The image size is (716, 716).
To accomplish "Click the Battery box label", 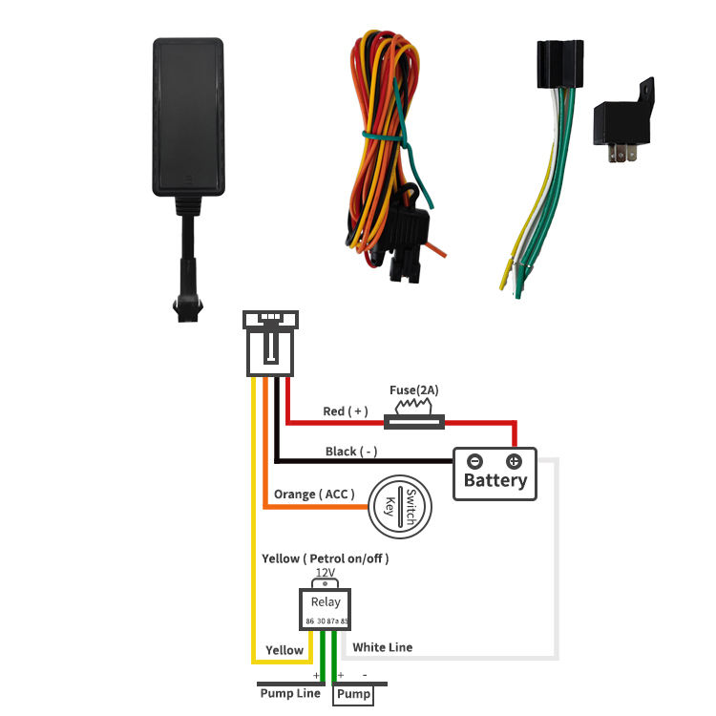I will (495, 480).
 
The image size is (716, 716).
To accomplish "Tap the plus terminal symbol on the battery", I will (514, 461).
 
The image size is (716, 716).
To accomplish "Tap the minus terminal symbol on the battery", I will (475, 461).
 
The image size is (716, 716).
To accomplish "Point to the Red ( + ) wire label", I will (346, 411).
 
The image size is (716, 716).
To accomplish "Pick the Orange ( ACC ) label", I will (314, 494).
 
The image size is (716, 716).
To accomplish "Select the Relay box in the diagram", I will (326, 608).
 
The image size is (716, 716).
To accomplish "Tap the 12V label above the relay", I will (326, 573).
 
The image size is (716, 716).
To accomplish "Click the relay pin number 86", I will (310, 621).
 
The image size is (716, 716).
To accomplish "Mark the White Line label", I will (383, 647).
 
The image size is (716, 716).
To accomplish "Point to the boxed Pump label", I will (353, 695).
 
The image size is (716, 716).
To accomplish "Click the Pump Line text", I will (290, 693).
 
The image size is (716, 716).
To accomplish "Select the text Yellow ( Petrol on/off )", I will (326, 558).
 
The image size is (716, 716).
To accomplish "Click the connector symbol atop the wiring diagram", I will (271, 342).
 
